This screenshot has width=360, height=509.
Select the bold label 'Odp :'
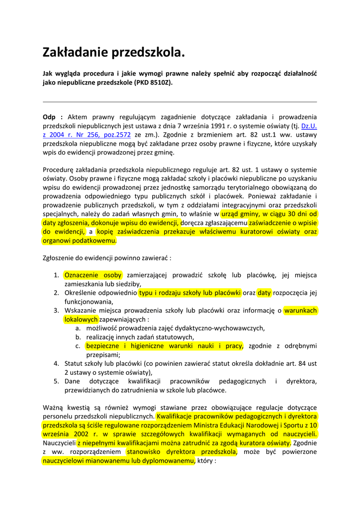(53, 117)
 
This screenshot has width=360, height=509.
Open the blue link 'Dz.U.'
(309, 126)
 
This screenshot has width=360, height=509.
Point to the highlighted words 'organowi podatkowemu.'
(80, 241)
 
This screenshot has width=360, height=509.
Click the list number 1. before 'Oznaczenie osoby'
(57, 275)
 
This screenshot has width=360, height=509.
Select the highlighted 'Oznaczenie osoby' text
(93, 275)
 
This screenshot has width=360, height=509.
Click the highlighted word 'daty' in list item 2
(264, 293)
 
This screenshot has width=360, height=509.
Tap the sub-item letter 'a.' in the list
(79, 329)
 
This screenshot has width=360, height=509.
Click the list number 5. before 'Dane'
(57, 381)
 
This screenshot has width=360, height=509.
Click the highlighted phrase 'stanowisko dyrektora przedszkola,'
(181, 452)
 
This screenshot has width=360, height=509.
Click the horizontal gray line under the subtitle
(180, 101)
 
